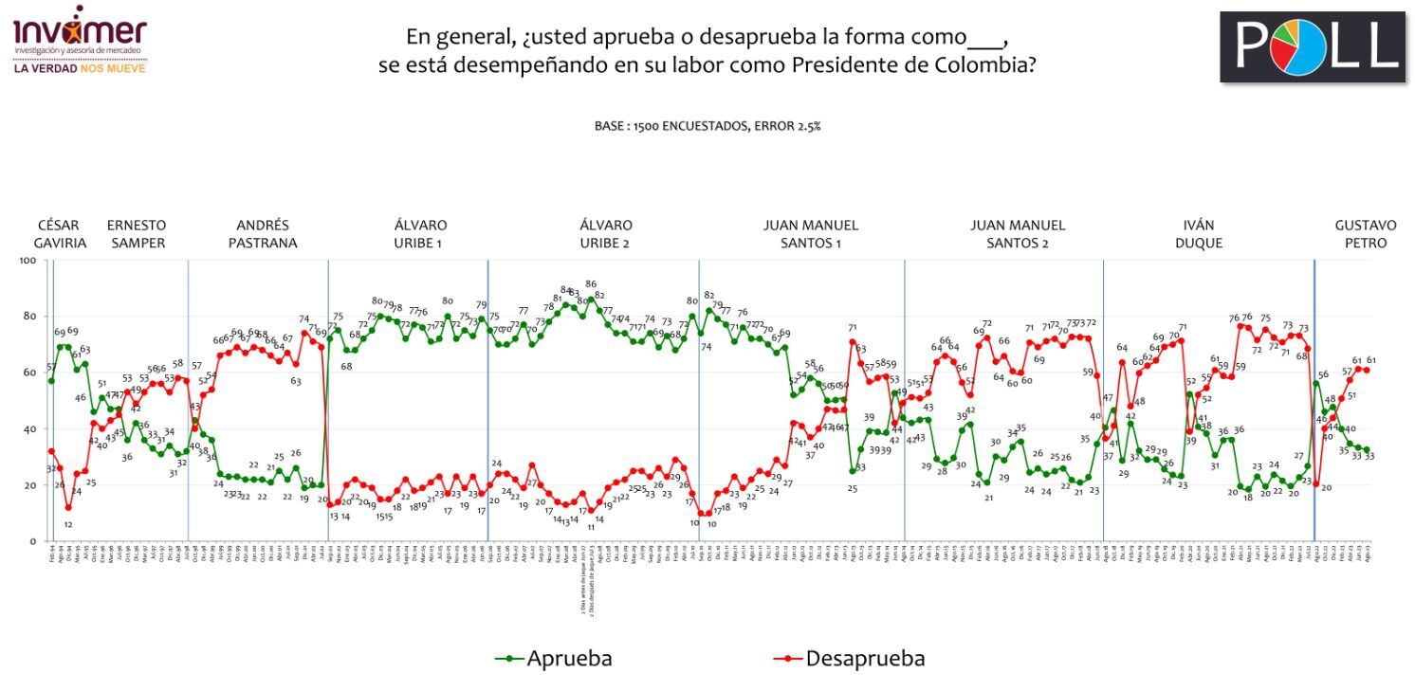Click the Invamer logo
(80, 43)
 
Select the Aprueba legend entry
(555, 659)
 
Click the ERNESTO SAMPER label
(136, 234)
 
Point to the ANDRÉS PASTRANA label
(263, 234)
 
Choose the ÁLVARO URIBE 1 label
(420, 234)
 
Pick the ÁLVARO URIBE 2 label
(606, 234)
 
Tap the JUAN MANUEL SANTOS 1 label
(811, 234)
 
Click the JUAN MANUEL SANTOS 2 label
(1018, 234)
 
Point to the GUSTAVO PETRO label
(1366, 234)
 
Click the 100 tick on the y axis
(28, 260)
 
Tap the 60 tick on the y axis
(30, 373)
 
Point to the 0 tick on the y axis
(33, 541)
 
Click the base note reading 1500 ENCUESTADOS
(707, 126)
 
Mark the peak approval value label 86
(591, 283)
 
